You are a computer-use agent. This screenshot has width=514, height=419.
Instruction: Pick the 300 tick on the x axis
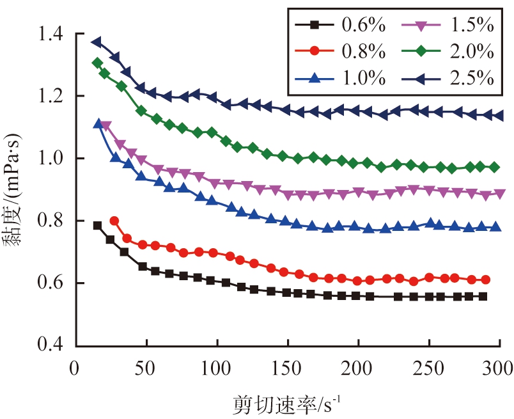click(x=498, y=368)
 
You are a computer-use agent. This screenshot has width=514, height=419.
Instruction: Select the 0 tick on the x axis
click(x=77, y=368)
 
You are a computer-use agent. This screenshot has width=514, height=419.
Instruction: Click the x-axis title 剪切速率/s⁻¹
click(x=288, y=402)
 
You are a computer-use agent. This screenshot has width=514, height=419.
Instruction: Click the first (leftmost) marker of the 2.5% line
click(x=97, y=42)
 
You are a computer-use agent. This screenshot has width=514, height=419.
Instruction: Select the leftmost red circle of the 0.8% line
click(x=114, y=221)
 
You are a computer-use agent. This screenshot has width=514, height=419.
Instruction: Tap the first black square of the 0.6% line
click(x=97, y=225)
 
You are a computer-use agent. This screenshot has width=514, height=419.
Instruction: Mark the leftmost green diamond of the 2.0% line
click(x=97, y=63)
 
